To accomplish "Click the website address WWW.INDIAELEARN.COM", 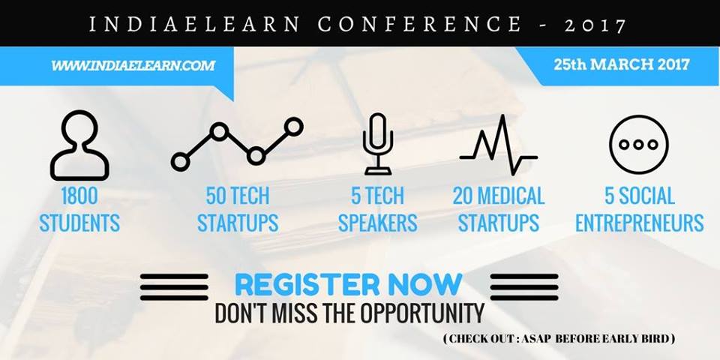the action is click(x=133, y=65).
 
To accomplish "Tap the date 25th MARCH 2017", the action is click(x=621, y=64).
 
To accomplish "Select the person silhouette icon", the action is click(x=79, y=145).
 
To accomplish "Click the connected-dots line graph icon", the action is click(x=237, y=144).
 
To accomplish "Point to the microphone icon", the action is click(x=378, y=144).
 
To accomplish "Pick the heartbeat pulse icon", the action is click(x=498, y=144).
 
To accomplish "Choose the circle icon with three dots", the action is click(x=638, y=144).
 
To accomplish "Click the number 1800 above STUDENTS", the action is click(x=79, y=196).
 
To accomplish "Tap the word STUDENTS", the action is click(x=79, y=223).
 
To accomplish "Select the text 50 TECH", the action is click(x=238, y=196).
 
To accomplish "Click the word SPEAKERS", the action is click(x=378, y=223).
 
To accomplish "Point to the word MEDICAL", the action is click(x=511, y=196).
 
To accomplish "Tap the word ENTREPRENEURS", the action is click(x=639, y=223).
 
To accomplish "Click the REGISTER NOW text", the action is click(x=349, y=285).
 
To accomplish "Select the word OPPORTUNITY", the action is click(x=422, y=313).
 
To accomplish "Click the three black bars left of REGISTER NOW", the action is click(x=174, y=287).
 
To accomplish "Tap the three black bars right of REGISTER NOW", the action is click(x=524, y=287).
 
